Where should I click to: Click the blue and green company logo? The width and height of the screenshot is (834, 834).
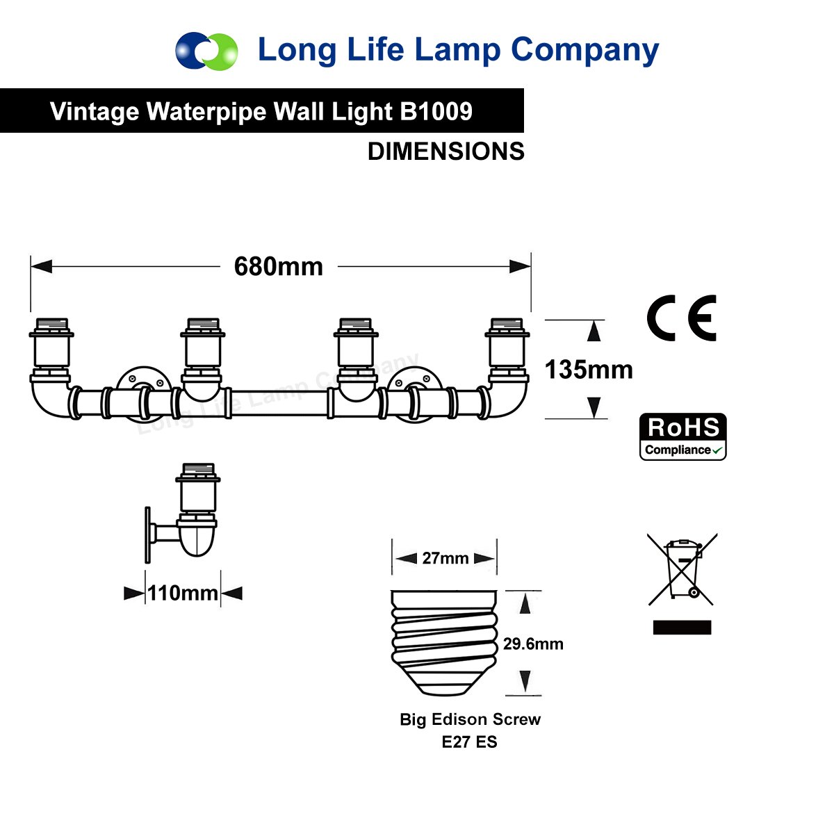pos(206,50)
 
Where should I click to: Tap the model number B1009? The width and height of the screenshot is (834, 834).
pos(436,111)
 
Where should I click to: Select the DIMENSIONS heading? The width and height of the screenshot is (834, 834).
pos(445,152)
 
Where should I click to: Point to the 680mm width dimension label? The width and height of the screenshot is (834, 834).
pos(279,267)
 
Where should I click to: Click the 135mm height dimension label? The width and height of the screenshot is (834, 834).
pos(589,370)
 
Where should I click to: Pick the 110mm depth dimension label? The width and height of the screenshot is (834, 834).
pos(183,594)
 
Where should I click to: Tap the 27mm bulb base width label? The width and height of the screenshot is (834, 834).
pos(445,558)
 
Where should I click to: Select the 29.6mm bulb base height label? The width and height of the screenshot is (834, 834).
pos(533,644)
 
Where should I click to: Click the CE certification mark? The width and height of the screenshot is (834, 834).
pos(681,318)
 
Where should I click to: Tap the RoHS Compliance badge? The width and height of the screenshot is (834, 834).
pos(682,436)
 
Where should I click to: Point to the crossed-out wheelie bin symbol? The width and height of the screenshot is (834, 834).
pos(682,569)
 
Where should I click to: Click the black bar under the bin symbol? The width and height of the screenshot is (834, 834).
pos(682,628)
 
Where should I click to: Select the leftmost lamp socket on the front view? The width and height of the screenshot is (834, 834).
pos(51,346)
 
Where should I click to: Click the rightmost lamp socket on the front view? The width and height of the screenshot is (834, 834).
pos(507,346)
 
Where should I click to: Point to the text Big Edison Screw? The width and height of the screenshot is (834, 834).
pos(470,719)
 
